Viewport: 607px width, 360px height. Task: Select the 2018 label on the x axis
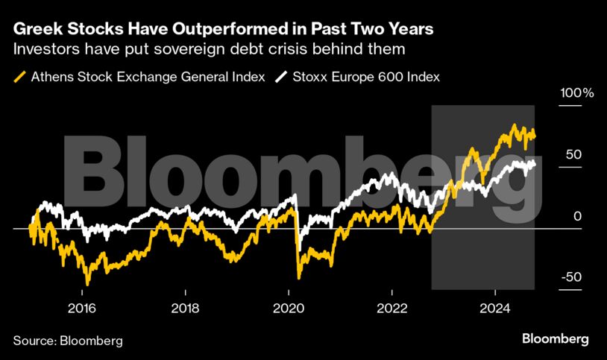pyautogui.click(x=184, y=308)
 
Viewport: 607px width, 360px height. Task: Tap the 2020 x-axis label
pyautogui.click(x=288, y=308)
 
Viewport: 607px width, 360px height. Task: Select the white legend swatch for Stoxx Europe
pyautogui.click(x=282, y=77)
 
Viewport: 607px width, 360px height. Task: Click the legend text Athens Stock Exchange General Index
pyautogui.click(x=148, y=77)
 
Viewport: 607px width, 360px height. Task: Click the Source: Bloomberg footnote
pyautogui.click(x=68, y=340)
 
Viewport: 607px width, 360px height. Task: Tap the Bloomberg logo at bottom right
pyautogui.click(x=555, y=338)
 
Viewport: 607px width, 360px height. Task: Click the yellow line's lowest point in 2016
pyautogui.click(x=87, y=284)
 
